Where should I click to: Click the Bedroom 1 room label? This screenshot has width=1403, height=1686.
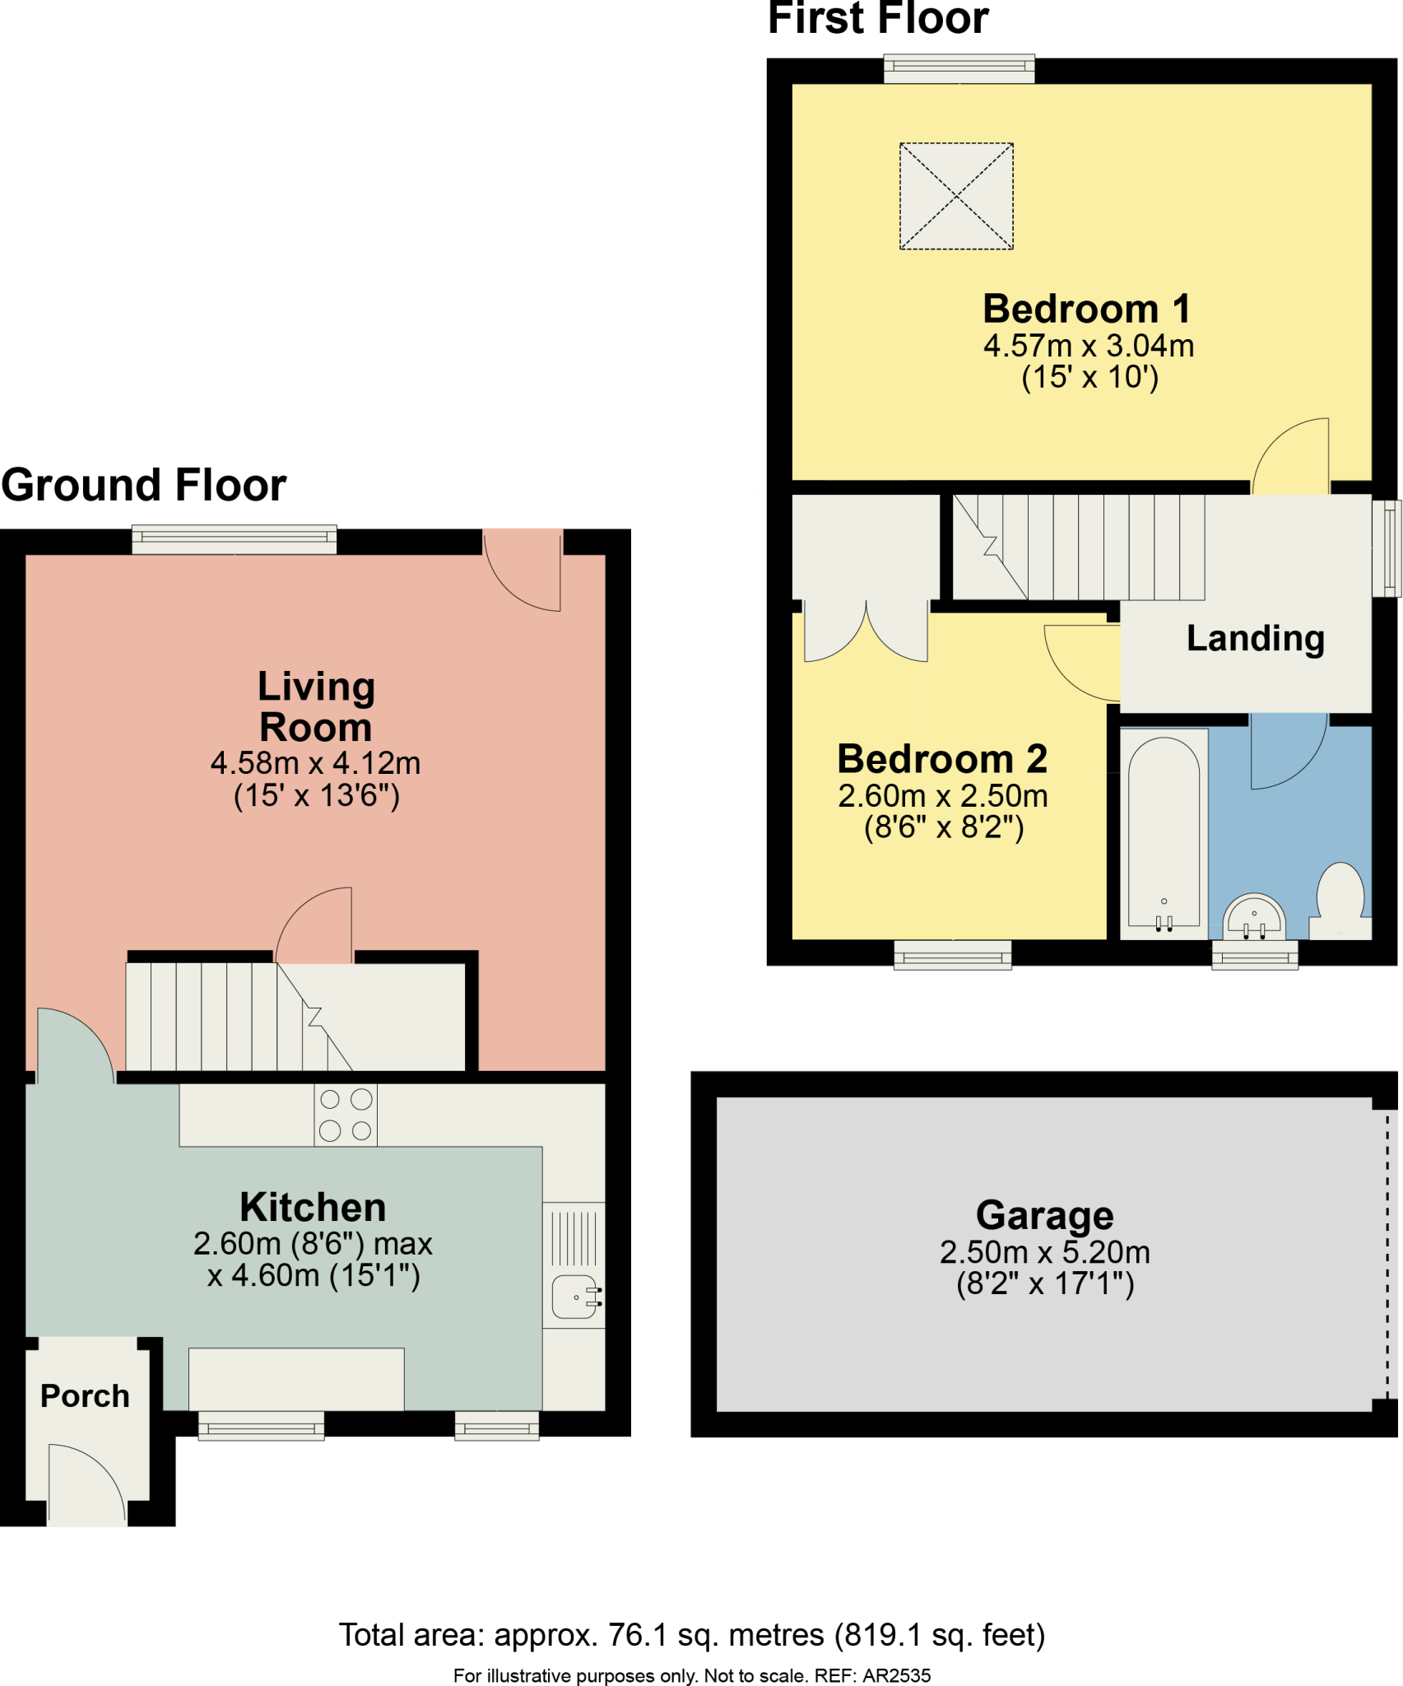pyautogui.click(x=1087, y=310)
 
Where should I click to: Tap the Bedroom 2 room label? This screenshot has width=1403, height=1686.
pyautogui.click(x=942, y=759)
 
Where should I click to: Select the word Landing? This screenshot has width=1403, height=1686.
pyautogui.click(x=1256, y=640)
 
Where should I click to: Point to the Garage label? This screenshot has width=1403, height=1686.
pyautogui.click(x=1045, y=1216)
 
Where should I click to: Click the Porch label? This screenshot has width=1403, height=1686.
pyautogui.click(x=85, y=1396)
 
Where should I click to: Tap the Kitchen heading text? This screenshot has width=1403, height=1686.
pyautogui.click(x=313, y=1208)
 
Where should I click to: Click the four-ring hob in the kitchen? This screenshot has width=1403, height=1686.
pyautogui.click(x=346, y=1115)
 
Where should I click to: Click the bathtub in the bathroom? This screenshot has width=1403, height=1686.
pyautogui.click(x=1164, y=834)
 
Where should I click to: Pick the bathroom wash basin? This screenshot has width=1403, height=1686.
pyautogui.click(x=1253, y=916)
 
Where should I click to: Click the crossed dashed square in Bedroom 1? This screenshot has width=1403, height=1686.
pyautogui.click(x=956, y=196)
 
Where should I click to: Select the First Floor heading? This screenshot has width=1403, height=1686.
pyautogui.click(x=878, y=18)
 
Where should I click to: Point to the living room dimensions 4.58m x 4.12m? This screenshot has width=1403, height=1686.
pyautogui.click(x=316, y=763)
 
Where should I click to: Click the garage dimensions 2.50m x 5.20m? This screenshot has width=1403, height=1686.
pyautogui.click(x=1045, y=1252)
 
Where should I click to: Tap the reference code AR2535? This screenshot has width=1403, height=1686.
pyautogui.click(x=896, y=1675)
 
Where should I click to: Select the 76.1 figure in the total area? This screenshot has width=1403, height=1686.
pyautogui.click(x=638, y=1635)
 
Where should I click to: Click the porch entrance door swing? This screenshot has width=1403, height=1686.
pyautogui.click(x=87, y=1483)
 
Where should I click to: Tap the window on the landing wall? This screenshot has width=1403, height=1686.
pyautogui.click(x=1387, y=548)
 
